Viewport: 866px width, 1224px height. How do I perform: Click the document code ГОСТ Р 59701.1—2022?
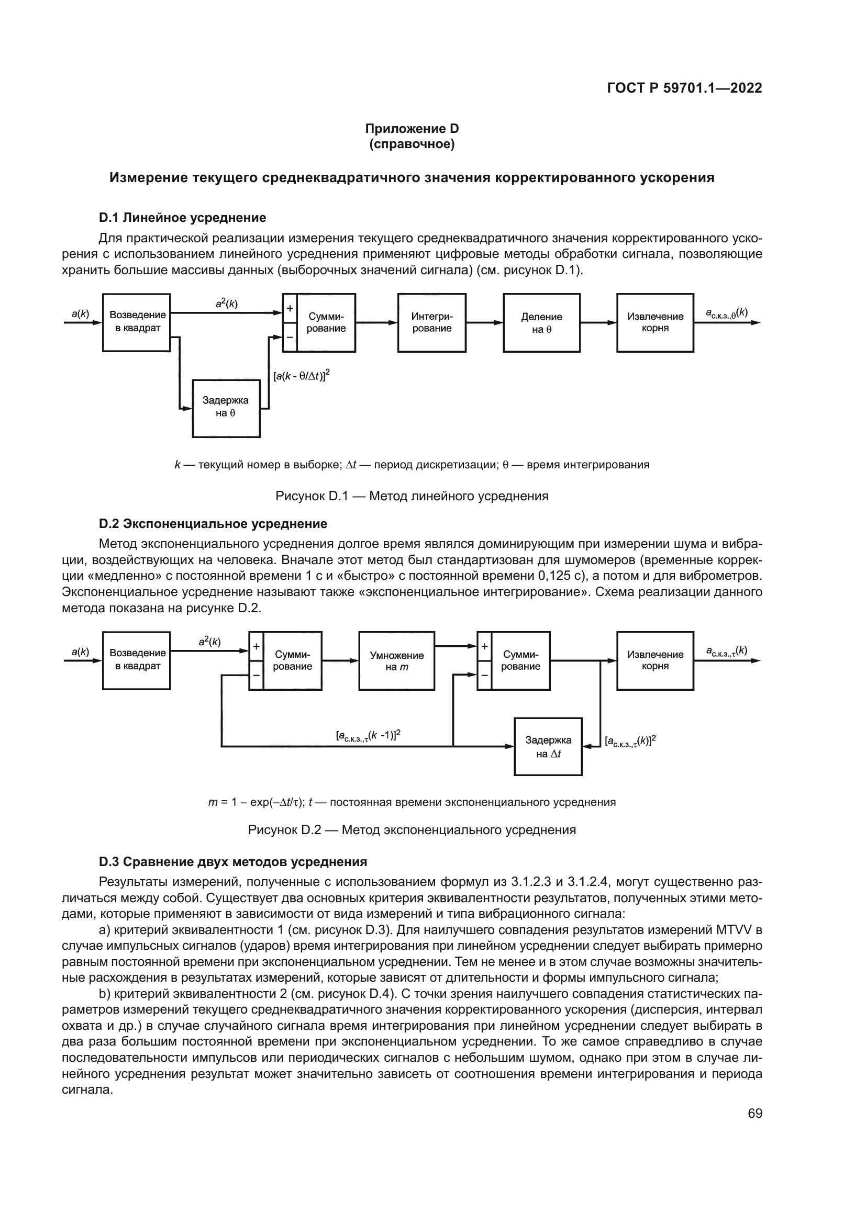(x=684, y=88)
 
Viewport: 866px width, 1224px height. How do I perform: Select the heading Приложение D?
(x=412, y=129)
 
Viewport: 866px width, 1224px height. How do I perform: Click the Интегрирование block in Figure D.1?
(x=431, y=322)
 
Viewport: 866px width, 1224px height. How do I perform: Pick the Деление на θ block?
(x=541, y=322)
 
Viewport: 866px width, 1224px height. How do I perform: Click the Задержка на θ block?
(x=226, y=408)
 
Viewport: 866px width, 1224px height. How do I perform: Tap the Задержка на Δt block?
(x=548, y=746)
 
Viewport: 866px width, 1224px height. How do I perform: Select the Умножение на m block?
(x=396, y=661)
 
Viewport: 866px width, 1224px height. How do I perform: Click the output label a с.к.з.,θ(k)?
(x=726, y=313)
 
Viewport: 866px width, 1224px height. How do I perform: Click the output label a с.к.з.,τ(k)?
(x=726, y=651)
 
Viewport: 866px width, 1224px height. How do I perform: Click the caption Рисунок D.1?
(x=412, y=496)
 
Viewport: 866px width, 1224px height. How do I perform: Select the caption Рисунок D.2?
(x=412, y=830)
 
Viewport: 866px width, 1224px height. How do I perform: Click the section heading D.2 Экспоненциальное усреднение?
(x=213, y=523)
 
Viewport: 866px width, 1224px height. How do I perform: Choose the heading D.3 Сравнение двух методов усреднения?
(x=233, y=862)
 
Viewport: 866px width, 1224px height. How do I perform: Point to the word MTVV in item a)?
(x=730, y=930)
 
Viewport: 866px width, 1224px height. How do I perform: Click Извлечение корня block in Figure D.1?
(x=655, y=322)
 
